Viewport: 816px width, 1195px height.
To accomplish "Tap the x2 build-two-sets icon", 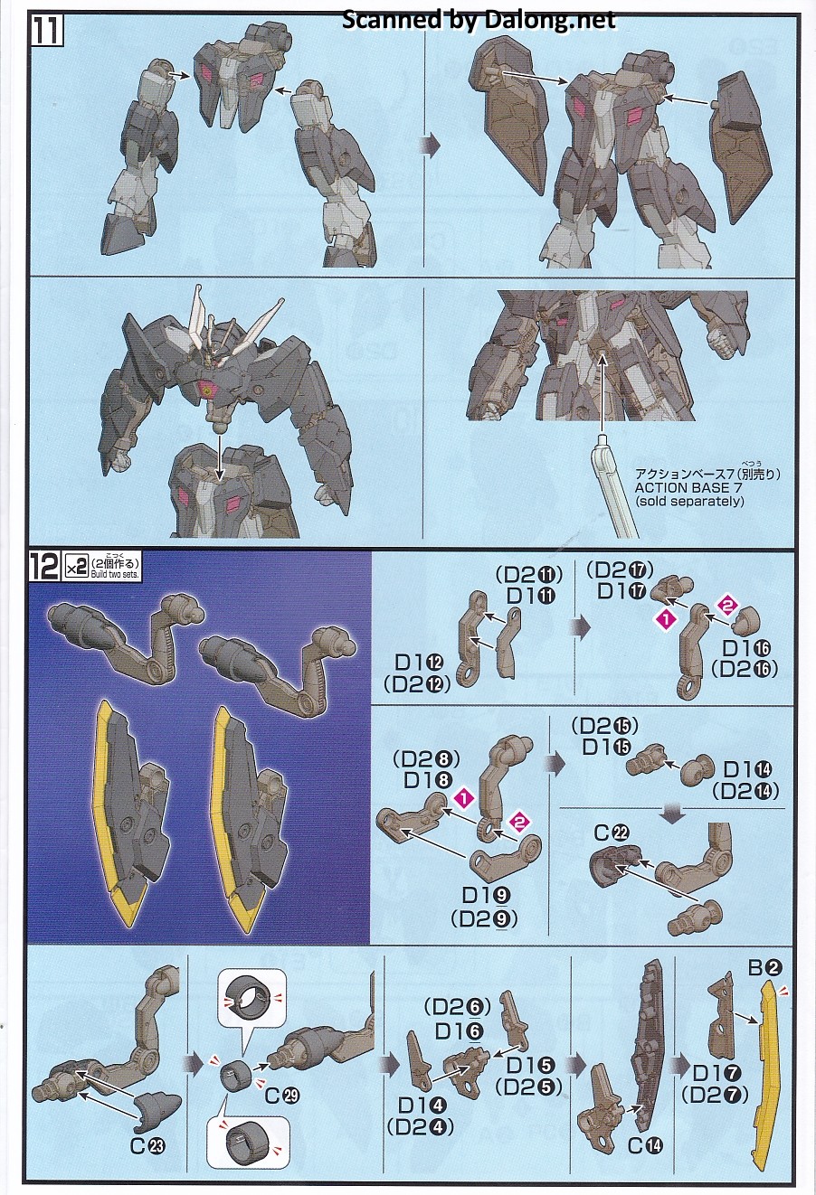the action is (x=75, y=567).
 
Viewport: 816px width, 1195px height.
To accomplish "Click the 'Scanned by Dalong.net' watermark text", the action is (x=479, y=20).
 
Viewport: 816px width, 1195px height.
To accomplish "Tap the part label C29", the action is (x=282, y=1095).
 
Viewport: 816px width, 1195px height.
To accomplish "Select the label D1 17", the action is (x=621, y=591).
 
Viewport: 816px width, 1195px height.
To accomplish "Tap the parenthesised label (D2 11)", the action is (x=528, y=574).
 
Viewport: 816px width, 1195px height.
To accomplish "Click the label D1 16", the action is (x=747, y=649).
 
